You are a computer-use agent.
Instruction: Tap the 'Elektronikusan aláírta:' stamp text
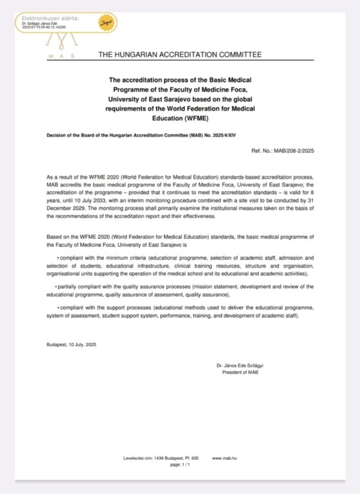[50, 17]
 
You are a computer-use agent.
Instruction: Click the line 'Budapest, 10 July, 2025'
[71, 345]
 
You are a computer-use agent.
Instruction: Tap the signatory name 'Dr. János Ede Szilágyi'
[244, 365]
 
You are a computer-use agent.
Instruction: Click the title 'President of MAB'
[239, 372]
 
